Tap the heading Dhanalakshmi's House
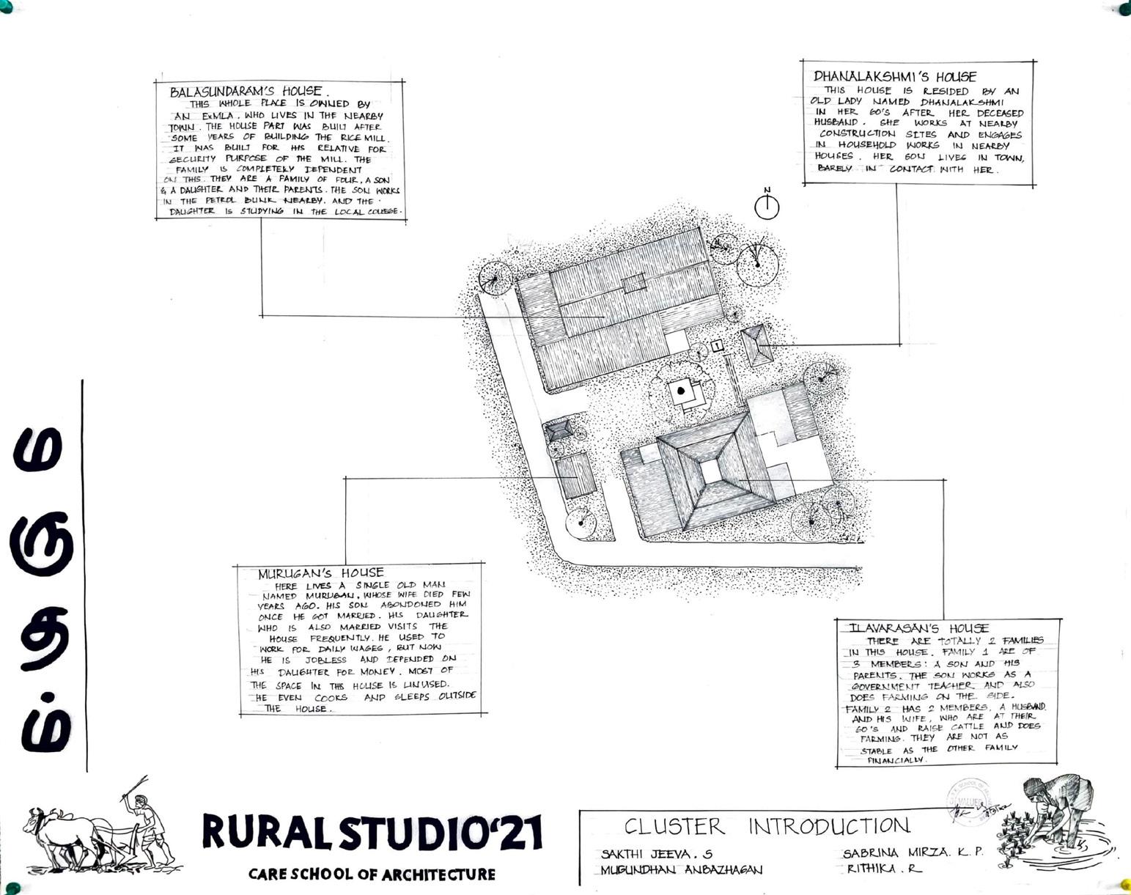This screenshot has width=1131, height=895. pos(894,76)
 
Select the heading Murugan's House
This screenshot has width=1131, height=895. pos(320,573)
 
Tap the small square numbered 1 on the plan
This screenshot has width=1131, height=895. pos(717,345)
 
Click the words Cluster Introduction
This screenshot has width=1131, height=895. pos(766,826)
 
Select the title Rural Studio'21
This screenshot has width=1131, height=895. pos(372,832)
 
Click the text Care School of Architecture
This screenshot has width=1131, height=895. pos(372,874)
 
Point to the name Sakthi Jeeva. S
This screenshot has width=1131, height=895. pos(656,854)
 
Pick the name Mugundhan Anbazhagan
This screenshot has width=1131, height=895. pos(681,870)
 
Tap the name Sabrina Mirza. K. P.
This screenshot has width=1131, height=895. pos(912,853)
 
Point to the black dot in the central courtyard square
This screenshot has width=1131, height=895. pos(681,391)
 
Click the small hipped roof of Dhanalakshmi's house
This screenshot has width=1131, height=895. pos(756,346)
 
